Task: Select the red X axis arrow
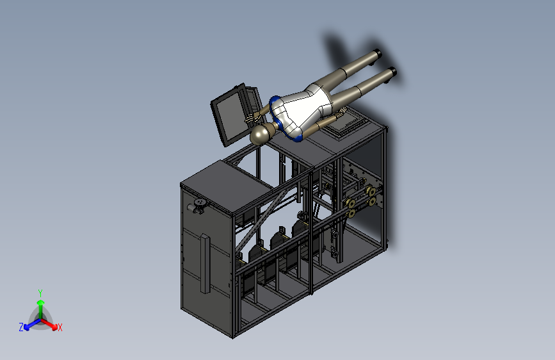click(x=49, y=324)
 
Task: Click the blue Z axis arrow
click(x=33, y=324)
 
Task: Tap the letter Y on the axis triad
click(x=40, y=293)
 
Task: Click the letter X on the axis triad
click(x=60, y=327)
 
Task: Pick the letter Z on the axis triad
click(x=21, y=327)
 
